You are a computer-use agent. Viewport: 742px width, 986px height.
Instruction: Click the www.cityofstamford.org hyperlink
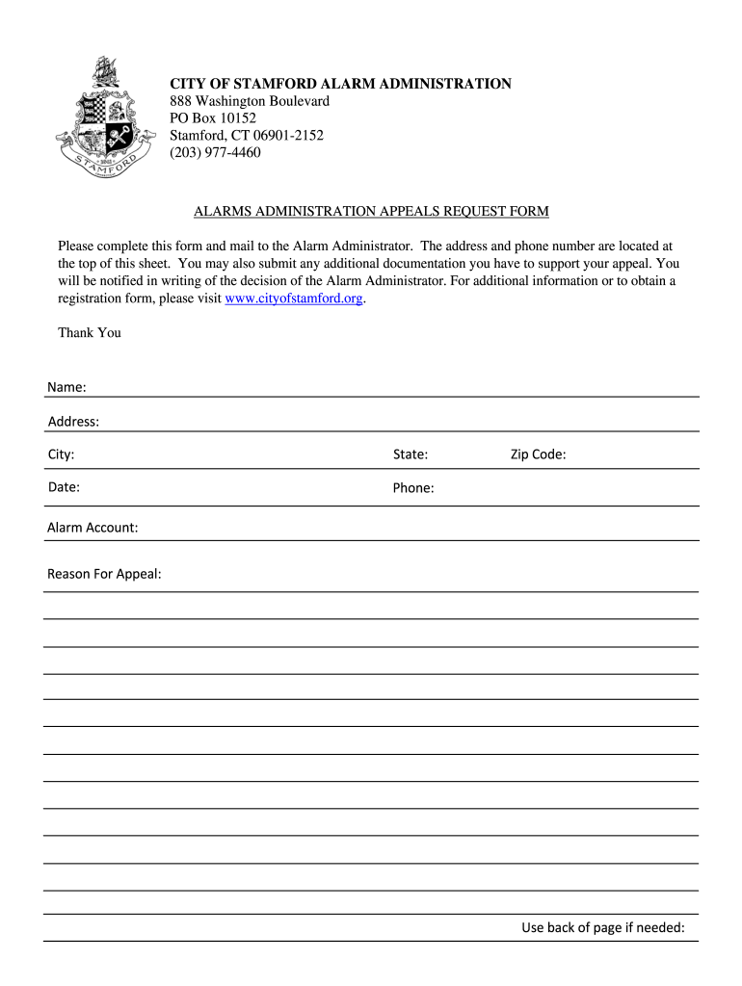pos(294,298)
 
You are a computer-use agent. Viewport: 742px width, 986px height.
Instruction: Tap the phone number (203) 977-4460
pos(215,152)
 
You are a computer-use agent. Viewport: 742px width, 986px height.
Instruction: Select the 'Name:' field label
pos(66,387)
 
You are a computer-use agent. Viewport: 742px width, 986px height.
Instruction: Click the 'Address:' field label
pos(73,422)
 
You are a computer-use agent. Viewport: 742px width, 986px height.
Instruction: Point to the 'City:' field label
pos(62,454)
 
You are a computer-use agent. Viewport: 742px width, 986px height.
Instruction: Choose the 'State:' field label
pos(411,454)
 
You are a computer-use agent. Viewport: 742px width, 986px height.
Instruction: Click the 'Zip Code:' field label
pos(538,454)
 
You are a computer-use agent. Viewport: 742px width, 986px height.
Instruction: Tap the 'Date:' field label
pos(64,487)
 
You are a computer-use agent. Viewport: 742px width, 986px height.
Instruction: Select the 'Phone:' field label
pos(413,488)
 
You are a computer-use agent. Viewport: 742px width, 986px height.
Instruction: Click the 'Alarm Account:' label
pos(93,528)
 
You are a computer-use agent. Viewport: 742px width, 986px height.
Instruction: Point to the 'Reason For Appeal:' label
pos(104,575)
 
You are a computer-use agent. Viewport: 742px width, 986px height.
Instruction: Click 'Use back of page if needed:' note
pos(603,928)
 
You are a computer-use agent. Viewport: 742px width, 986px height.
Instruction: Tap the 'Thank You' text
pos(90,333)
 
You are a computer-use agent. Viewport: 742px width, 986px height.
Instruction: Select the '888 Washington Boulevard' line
pos(250,101)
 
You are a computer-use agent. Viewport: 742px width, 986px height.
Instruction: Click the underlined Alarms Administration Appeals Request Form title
pos(371,211)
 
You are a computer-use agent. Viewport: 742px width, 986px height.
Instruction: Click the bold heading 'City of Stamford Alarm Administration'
pos(341,84)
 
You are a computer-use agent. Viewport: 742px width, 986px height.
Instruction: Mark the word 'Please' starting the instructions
pos(77,246)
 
